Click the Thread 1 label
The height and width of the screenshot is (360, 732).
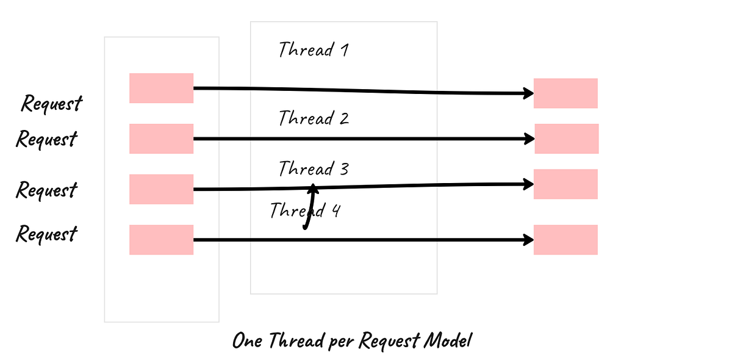coord(314,49)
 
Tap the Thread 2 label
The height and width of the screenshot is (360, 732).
coord(314,118)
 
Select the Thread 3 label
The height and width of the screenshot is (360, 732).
coord(314,168)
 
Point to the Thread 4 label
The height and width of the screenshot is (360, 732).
coord(305,211)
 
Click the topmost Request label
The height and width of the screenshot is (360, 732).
coord(51,103)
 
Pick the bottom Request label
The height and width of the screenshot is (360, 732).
coord(46,234)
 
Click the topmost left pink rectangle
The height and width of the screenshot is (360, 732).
coord(161,88)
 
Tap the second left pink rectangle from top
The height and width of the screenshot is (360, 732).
coord(161,139)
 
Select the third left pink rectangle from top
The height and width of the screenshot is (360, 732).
coord(161,189)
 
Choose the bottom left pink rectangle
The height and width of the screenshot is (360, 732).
coord(161,240)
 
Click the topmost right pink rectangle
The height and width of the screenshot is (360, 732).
coord(565,93)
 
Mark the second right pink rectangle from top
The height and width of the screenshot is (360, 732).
coord(567,139)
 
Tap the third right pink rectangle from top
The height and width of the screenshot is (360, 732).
coord(565,184)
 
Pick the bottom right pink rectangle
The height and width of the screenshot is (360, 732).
coord(565,240)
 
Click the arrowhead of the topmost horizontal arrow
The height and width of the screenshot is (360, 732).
coord(529,93)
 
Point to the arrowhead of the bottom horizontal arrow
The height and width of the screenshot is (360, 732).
coord(529,240)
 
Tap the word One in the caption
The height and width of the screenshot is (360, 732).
coord(248,340)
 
